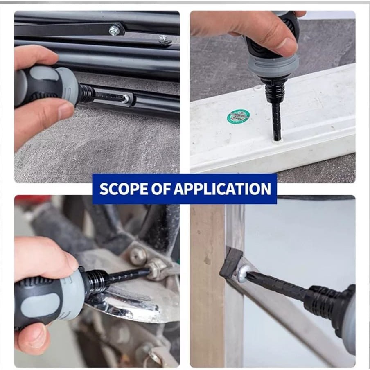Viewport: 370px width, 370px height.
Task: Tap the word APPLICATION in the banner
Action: point(222,189)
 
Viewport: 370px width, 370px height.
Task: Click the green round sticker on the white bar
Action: point(238,116)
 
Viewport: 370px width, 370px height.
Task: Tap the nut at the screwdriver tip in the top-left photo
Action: point(126,99)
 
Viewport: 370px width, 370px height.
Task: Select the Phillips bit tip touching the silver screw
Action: point(250,275)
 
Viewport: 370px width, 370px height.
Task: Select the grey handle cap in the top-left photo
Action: point(67,86)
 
